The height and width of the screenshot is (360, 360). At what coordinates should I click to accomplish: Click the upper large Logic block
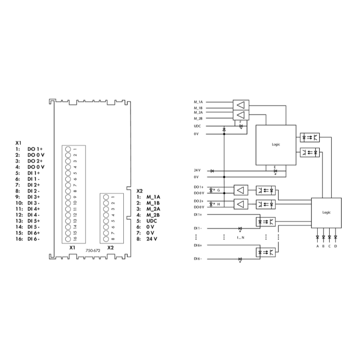[x=275, y=144]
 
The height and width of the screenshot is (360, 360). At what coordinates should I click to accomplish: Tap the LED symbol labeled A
[x=317, y=237]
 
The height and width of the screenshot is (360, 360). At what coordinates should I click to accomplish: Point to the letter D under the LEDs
[x=336, y=246]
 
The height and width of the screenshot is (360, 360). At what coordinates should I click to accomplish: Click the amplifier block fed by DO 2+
[x=241, y=204]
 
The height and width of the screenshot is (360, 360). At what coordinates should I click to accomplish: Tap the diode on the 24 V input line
[x=212, y=170]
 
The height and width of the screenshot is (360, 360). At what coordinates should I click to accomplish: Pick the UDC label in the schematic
[x=197, y=126]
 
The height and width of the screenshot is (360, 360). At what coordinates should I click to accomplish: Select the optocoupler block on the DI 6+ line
[x=265, y=251]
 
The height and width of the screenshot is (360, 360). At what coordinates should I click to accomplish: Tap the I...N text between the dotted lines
[x=240, y=238]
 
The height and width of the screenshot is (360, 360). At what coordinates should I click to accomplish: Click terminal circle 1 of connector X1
[x=68, y=150]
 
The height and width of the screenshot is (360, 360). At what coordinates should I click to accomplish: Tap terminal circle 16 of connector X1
[x=68, y=238]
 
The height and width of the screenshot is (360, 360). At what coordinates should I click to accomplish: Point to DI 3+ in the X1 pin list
[x=34, y=197]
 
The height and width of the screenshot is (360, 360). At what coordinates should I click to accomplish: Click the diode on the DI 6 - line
[x=240, y=259]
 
